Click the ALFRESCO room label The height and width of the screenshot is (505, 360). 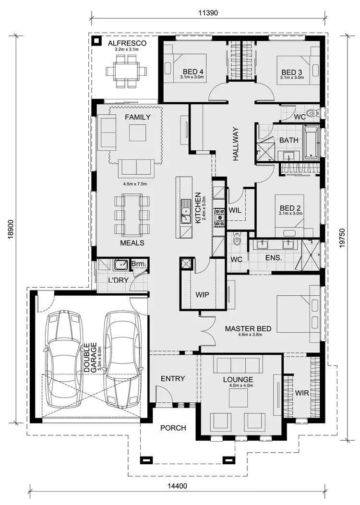point(127,43)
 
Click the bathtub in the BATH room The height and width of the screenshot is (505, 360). point(312,143)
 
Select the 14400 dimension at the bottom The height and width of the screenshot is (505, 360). point(177,486)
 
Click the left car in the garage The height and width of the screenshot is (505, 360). point(62,358)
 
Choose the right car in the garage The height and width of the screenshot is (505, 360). point(123,358)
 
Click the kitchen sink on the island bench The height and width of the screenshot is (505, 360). point(186,212)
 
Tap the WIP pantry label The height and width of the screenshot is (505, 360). point(203,294)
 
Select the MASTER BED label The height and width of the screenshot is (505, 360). point(248,329)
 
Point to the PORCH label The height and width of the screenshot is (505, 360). point(173,428)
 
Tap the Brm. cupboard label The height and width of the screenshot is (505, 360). point(139,265)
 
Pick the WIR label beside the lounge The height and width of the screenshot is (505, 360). point(302,393)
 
